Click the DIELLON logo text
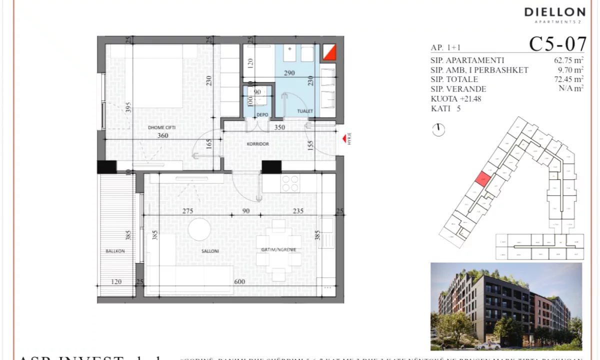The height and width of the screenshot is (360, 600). (x=554, y=12)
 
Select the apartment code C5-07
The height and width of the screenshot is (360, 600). (x=557, y=44)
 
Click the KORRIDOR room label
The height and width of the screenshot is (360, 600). (x=258, y=144)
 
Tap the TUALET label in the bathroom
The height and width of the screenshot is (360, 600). (x=304, y=111)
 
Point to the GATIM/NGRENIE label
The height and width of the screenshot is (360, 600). (x=278, y=249)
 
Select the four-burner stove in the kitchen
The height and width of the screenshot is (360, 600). (x=290, y=183)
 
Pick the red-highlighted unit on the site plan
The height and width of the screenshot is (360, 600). (x=482, y=179)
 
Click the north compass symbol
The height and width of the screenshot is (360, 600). (x=438, y=129)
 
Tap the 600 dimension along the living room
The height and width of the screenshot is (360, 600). (x=239, y=282)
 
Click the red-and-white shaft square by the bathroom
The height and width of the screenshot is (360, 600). (x=328, y=52)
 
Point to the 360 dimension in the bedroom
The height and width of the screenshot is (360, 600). (x=162, y=135)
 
